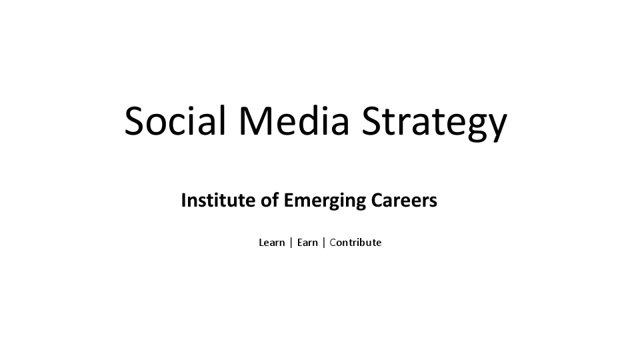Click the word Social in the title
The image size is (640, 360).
(175, 121)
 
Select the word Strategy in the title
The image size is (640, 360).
(434, 123)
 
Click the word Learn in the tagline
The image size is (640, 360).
(271, 243)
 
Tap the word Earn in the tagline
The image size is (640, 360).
(307, 243)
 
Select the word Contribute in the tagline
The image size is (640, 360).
(355, 243)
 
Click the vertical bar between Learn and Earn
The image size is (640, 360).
(291, 243)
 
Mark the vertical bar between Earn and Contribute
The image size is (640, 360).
(324, 243)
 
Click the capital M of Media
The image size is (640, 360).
(254, 121)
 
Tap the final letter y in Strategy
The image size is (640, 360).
(497, 127)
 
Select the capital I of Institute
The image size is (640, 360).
(183, 200)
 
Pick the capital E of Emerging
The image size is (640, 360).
(288, 200)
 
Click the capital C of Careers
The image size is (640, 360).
(379, 200)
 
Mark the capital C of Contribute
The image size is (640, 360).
(333, 243)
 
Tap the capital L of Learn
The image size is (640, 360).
(261, 243)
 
